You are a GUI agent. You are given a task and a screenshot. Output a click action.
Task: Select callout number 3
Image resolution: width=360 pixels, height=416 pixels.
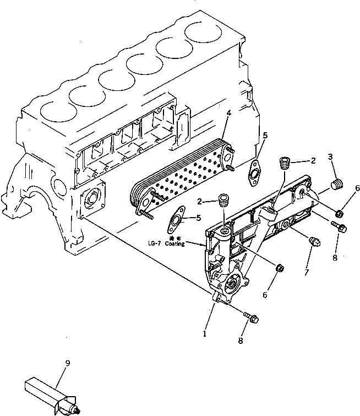point(330,158)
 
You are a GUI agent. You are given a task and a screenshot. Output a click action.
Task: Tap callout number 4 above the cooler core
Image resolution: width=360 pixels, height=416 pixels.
point(228,115)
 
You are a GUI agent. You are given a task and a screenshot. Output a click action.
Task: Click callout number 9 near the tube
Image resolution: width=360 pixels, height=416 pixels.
point(67,364)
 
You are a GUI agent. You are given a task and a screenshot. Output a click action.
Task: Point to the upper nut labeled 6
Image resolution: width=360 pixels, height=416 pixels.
point(340,213)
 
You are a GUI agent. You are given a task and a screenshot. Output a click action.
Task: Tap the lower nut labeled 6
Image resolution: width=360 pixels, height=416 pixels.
point(280,268)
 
